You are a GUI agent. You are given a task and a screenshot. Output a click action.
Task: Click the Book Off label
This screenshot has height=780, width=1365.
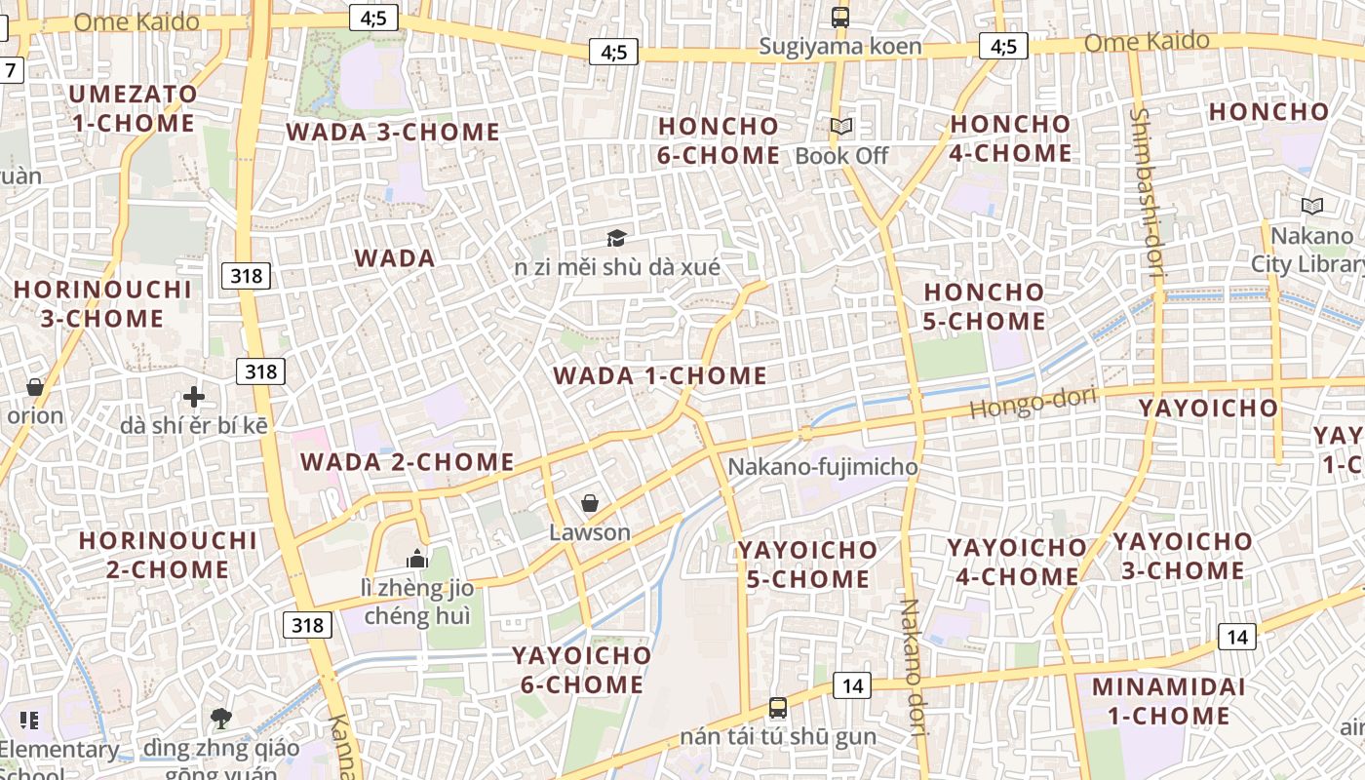coord(841,156)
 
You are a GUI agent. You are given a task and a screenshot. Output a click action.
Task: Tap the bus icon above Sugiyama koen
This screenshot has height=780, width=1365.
coord(840,17)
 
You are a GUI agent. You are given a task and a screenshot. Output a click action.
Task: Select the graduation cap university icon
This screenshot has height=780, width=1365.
coord(616,238)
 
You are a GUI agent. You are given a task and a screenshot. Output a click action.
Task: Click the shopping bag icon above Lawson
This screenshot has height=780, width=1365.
coord(590,503)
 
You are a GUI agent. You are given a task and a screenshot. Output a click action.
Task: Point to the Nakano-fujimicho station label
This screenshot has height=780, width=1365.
coord(823,467)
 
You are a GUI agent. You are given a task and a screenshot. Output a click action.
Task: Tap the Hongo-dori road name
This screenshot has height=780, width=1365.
coord(1033,402)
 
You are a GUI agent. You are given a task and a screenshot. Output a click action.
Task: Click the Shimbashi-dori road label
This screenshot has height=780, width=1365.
coord(1148,195)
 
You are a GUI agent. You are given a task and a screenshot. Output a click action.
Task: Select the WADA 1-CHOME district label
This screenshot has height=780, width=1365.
coord(660,375)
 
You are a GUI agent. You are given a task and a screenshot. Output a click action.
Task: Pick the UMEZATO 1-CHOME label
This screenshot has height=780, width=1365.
coord(134,108)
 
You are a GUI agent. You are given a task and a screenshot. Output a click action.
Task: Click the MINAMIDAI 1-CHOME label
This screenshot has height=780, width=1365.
coord(1168,701)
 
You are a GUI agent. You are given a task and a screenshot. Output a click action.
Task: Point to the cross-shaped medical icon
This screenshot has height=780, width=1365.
coord(194,397)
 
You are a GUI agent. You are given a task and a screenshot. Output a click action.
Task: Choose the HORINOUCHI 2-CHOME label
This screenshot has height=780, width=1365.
coord(168,555)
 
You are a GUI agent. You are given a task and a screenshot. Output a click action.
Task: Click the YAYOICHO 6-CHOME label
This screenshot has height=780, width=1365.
coord(582,670)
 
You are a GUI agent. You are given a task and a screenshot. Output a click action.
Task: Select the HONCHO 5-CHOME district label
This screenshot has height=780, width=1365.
coord(984,306)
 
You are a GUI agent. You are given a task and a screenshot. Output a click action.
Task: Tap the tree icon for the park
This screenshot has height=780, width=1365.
coord(221,719)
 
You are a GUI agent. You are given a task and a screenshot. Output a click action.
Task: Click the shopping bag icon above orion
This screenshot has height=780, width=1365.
coord(35,387)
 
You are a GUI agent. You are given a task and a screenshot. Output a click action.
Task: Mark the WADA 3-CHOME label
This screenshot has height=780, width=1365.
coord(393,132)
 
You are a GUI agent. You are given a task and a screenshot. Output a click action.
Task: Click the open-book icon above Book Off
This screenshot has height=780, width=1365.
coord(841,127)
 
